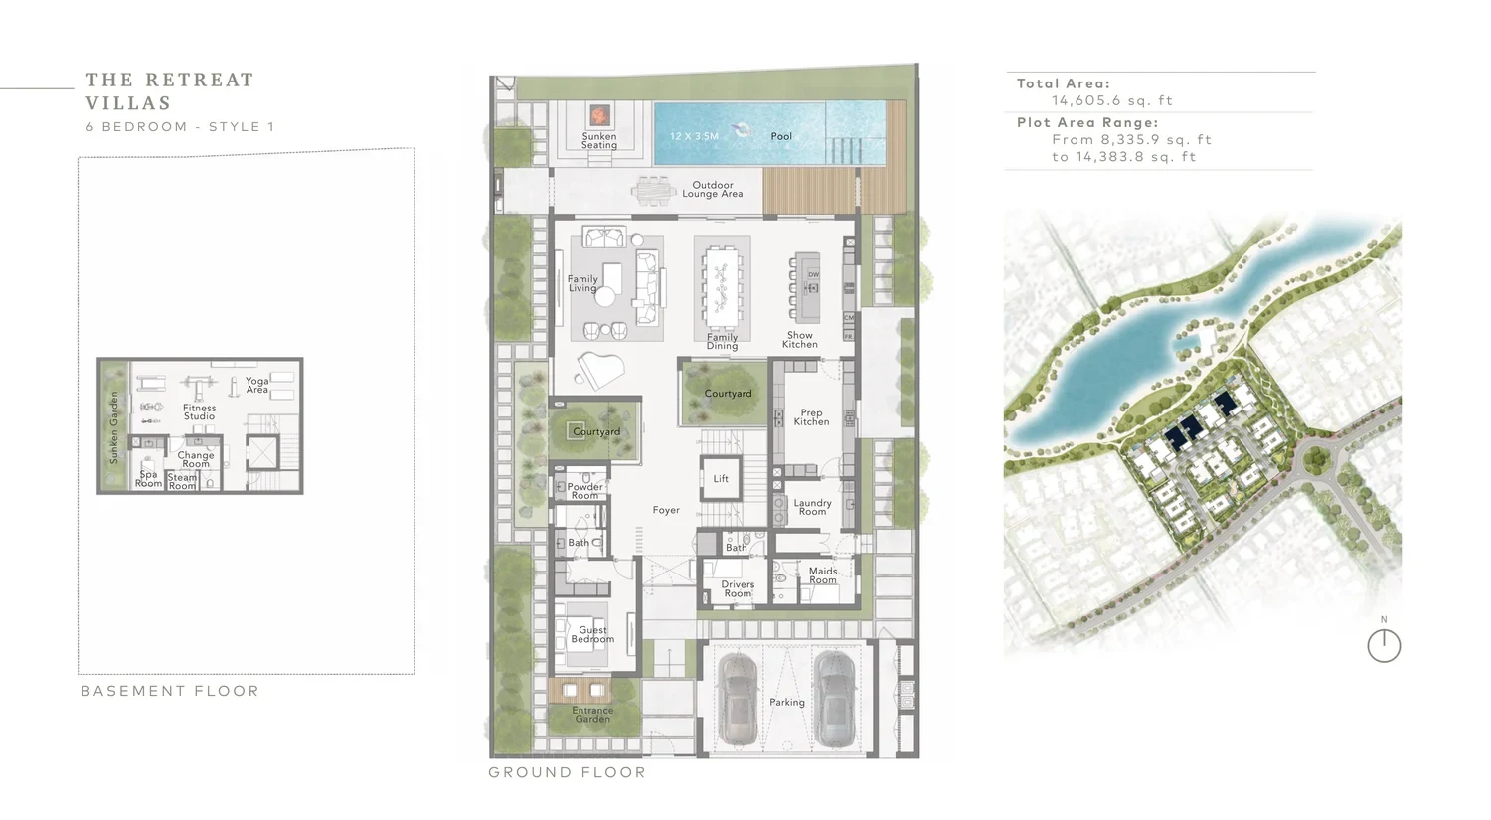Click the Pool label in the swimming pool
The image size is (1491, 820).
781,136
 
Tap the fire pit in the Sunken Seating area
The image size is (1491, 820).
599,116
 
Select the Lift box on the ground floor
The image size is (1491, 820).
721,478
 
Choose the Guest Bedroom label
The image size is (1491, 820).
592,634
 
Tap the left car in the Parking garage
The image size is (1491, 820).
737,699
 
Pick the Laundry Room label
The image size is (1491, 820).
813,507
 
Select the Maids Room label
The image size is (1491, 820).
823,575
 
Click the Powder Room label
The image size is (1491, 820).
585,491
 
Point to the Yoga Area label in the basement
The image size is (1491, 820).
256,385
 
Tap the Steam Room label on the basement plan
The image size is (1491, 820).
182,482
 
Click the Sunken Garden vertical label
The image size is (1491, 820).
114,427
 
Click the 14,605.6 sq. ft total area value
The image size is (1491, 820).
1111,101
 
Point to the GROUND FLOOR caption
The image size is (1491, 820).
568,772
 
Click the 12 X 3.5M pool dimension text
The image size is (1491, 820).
694,136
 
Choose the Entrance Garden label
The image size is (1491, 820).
592,715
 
